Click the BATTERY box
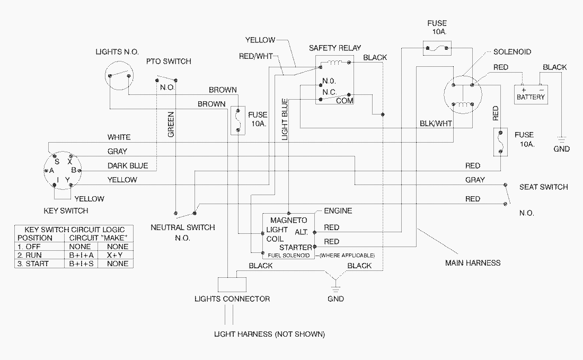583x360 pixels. [531, 95]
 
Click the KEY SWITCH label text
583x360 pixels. [66, 211]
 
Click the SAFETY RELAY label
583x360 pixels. [334, 48]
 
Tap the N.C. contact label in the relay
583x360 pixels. [330, 92]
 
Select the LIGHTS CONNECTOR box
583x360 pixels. [232, 285]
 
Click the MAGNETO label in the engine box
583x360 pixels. [289, 219]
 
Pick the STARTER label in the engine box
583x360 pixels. [296, 247]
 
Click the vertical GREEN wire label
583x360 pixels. [171, 124]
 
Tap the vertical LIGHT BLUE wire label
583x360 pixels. [285, 119]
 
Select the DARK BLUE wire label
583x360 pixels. [127, 165]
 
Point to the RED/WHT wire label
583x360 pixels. [255, 57]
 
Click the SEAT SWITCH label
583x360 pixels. [543, 187]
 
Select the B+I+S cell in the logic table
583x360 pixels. [81, 264]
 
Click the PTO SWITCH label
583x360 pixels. [169, 62]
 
